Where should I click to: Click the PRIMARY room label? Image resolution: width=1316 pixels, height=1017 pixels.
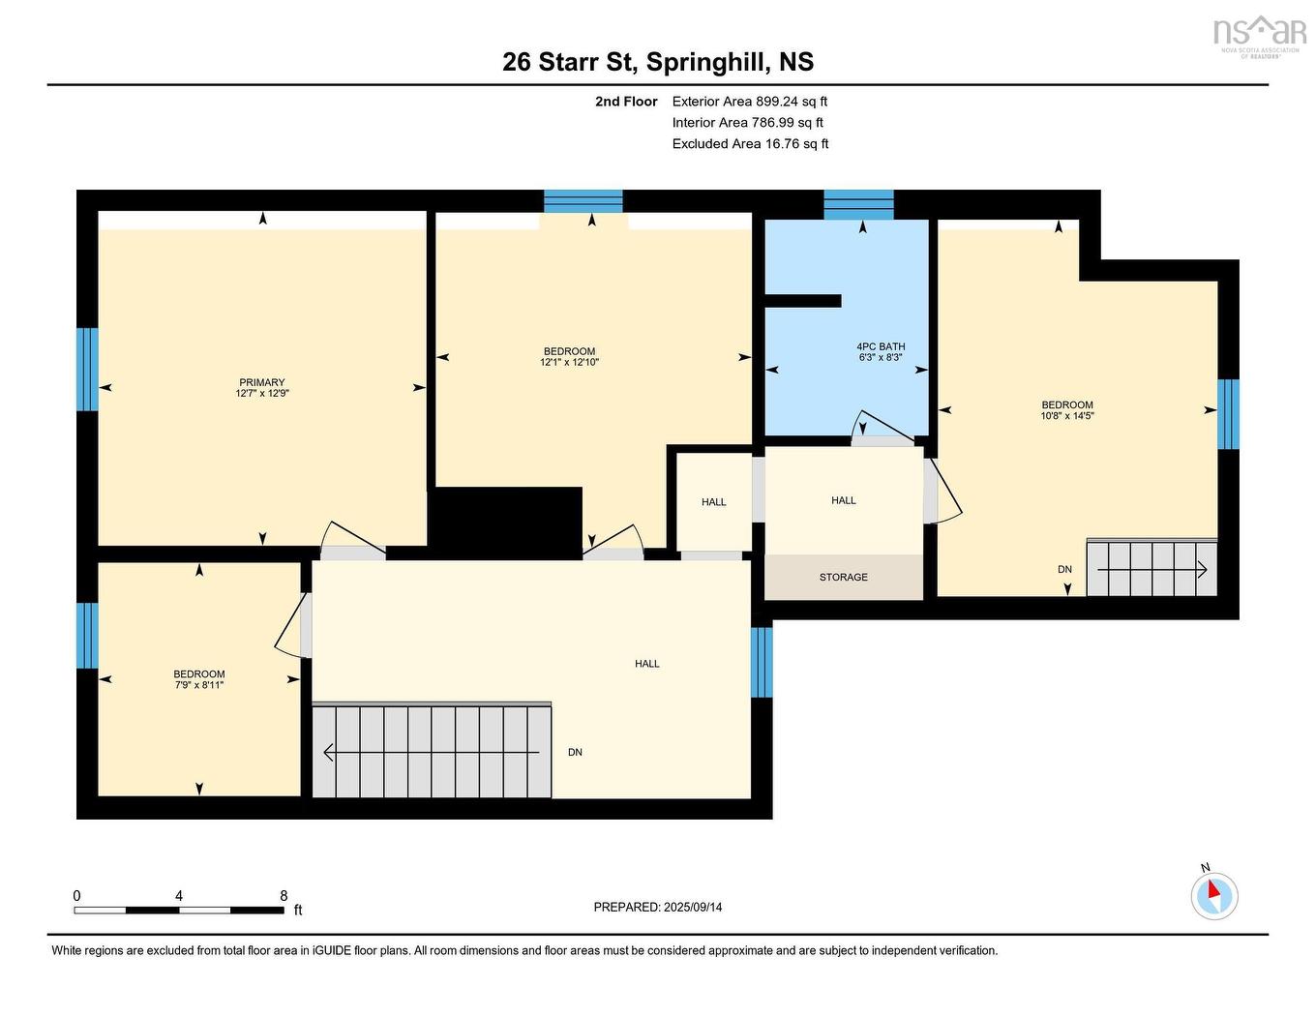tap(261, 382)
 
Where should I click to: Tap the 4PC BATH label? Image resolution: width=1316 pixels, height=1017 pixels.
tap(881, 346)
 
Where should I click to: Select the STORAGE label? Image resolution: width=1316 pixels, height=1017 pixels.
tap(843, 577)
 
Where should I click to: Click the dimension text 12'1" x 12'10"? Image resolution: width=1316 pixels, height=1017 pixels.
tap(569, 363)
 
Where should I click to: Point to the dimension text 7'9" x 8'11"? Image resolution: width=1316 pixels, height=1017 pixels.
tap(199, 685)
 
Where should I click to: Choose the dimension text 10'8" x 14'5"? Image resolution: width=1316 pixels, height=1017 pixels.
tap(1067, 416)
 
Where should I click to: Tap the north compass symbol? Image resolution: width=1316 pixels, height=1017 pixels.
tap(1214, 894)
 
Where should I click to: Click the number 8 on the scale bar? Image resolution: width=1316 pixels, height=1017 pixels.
tap(283, 896)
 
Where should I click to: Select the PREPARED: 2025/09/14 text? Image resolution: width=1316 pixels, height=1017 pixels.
tap(658, 908)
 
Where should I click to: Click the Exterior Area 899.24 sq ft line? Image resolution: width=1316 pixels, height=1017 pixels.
tap(749, 102)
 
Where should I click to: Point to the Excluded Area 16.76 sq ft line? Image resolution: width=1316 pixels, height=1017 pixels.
tap(750, 144)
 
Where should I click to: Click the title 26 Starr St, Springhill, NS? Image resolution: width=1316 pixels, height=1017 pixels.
tap(658, 62)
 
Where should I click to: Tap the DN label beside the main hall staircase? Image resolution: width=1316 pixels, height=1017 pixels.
tap(575, 752)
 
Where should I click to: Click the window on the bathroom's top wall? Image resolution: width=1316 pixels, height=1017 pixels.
tap(858, 204)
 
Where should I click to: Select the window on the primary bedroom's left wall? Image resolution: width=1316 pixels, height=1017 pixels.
tap(87, 369)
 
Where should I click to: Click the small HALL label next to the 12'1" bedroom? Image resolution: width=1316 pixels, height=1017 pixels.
tap(714, 502)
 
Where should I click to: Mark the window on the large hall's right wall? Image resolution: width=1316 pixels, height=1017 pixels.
tap(762, 662)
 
